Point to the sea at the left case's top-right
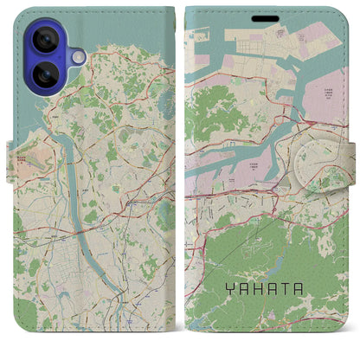click(156, 35)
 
